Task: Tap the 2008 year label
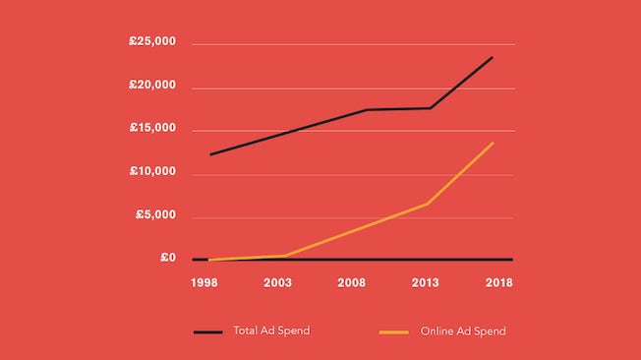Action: point(352,282)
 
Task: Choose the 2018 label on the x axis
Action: point(498,282)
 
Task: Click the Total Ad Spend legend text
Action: point(271,330)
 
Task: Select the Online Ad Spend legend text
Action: point(462,331)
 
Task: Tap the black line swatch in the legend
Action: point(207,332)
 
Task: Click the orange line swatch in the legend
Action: point(394,332)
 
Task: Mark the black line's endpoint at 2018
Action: point(493,57)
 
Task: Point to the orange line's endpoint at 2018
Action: point(493,143)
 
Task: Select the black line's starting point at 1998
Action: point(209,154)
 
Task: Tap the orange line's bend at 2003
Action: point(285,256)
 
